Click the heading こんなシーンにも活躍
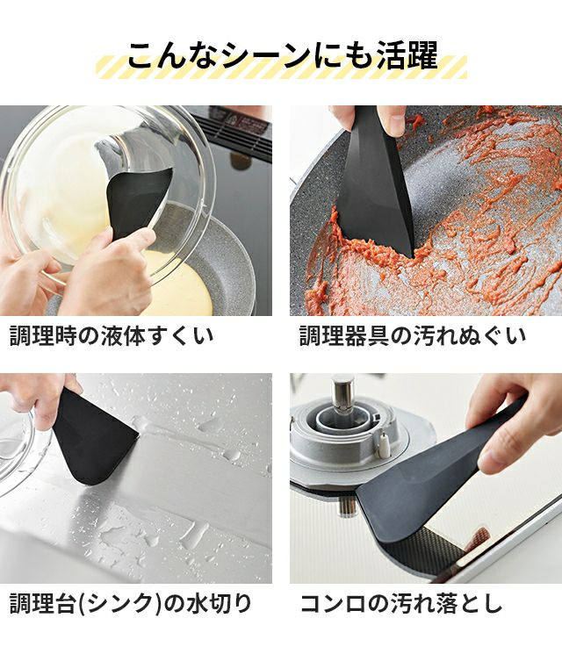click(283, 54)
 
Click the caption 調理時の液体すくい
click(112, 335)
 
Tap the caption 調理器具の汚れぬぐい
click(413, 335)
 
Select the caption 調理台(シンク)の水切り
click(130, 604)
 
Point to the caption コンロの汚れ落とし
click(401, 604)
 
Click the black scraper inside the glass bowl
click(135, 200)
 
